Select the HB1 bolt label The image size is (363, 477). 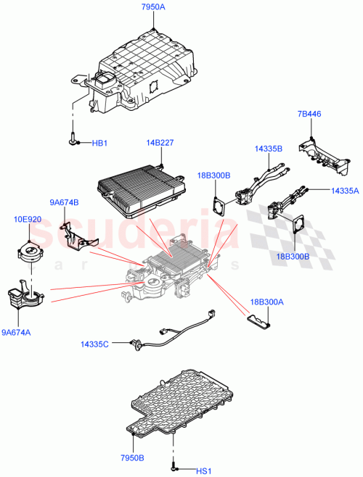coord(99,143)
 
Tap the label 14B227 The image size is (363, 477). coord(160,144)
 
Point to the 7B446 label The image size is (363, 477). coord(309,115)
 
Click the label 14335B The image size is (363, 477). coord(268,149)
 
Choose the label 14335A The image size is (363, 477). coord(344,191)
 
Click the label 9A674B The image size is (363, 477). coord(64,202)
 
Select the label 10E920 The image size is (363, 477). coord(28,218)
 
